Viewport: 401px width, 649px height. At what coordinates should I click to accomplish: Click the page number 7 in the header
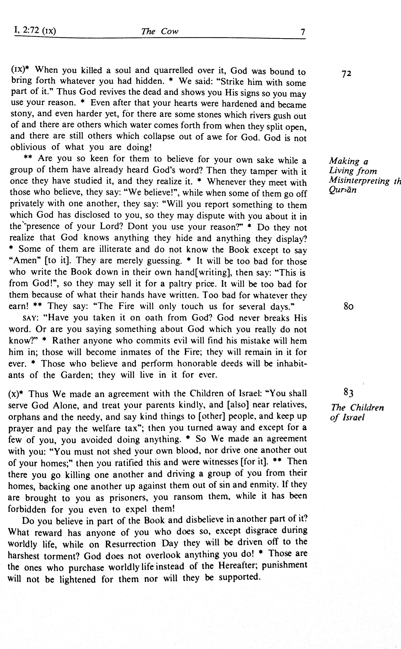[303, 32]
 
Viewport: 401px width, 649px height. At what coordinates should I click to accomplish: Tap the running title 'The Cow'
[160, 32]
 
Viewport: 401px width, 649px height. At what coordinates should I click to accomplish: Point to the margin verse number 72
[346, 73]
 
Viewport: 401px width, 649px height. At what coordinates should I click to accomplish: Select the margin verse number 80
[348, 306]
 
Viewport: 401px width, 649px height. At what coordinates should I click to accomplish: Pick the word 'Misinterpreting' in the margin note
[359, 181]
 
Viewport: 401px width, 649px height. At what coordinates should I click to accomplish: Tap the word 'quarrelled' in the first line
[173, 70]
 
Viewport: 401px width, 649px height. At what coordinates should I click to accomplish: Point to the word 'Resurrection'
[130, 544]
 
